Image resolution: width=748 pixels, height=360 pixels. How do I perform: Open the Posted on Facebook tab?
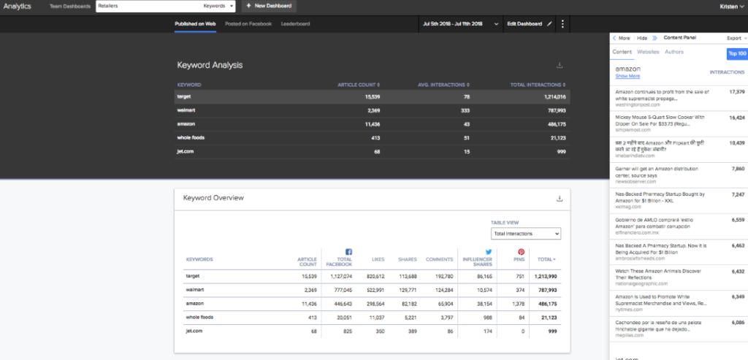pyautogui.click(x=248, y=24)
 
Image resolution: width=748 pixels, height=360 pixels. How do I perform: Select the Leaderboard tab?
pyautogui.click(x=295, y=24)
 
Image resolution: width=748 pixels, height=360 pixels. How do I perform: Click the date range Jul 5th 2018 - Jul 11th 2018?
pyautogui.click(x=453, y=24)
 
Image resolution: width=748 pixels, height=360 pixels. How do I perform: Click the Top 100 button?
pyautogui.click(x=736, y=54)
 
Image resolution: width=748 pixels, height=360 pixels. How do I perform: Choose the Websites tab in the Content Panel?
pyautogui.click(x=648, y=53)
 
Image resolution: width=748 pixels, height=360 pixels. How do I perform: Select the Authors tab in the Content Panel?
pyautogui.click(x=674, y=53)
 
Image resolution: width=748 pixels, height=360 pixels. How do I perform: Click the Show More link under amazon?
pyautogui.click(x=627, y=76)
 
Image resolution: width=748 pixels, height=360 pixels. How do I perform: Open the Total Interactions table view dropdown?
pyautogui.click(x=526, y=234)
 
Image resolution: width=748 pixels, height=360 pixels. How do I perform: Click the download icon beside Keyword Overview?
pyautogui.click(x=560, y=199)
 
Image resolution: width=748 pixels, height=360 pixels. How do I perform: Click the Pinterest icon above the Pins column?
pyautogui.click(x=522, y=251)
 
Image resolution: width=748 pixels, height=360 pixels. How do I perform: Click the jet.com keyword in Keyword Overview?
pyautogui.click(x=194, y=331)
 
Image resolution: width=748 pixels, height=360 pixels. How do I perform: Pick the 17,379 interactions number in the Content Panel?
pyautogui.click(x=736, y=92)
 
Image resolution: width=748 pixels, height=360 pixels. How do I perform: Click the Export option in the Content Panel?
pyautogui.click(x=735, y=38)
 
